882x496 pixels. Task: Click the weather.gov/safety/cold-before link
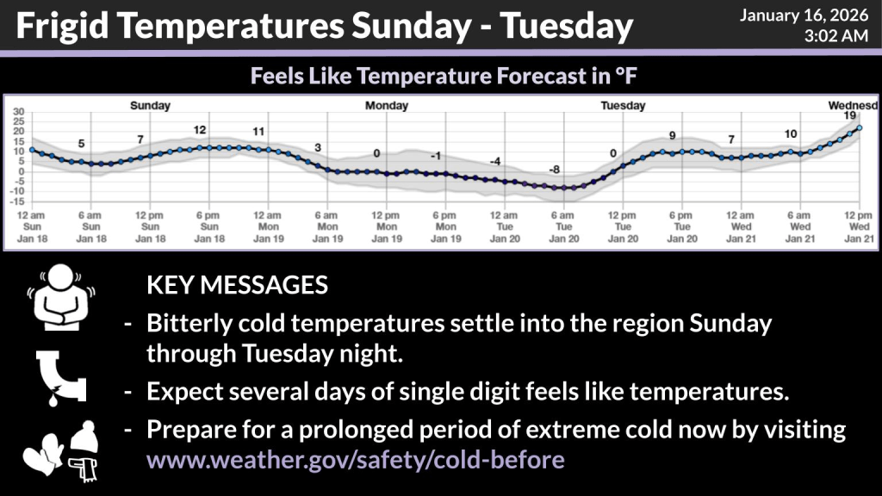pos(356,460)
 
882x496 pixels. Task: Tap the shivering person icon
pos(61,297)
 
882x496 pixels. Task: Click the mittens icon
pos(42,454)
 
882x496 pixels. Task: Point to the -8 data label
pos(555,170)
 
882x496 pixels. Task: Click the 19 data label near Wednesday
pos(849,115)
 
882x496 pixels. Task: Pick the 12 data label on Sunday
pos(200,130)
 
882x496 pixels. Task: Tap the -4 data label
pos(495,161)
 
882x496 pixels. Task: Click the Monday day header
pos(387,105)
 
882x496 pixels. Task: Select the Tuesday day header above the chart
pos(623,105)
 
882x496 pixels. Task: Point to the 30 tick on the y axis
pos(19,111)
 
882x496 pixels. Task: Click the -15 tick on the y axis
pos(17,201)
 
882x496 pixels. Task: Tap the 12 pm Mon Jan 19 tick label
pos(387,226)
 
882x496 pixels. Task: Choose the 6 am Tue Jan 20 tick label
pos(563,226)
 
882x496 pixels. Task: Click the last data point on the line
pos(859,128)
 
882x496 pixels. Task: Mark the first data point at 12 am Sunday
pos(32,150)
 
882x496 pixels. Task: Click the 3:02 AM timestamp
pos(835,36)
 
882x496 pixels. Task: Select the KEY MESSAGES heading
pos(237,285)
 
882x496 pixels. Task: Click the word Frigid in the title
pos(62,27)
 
